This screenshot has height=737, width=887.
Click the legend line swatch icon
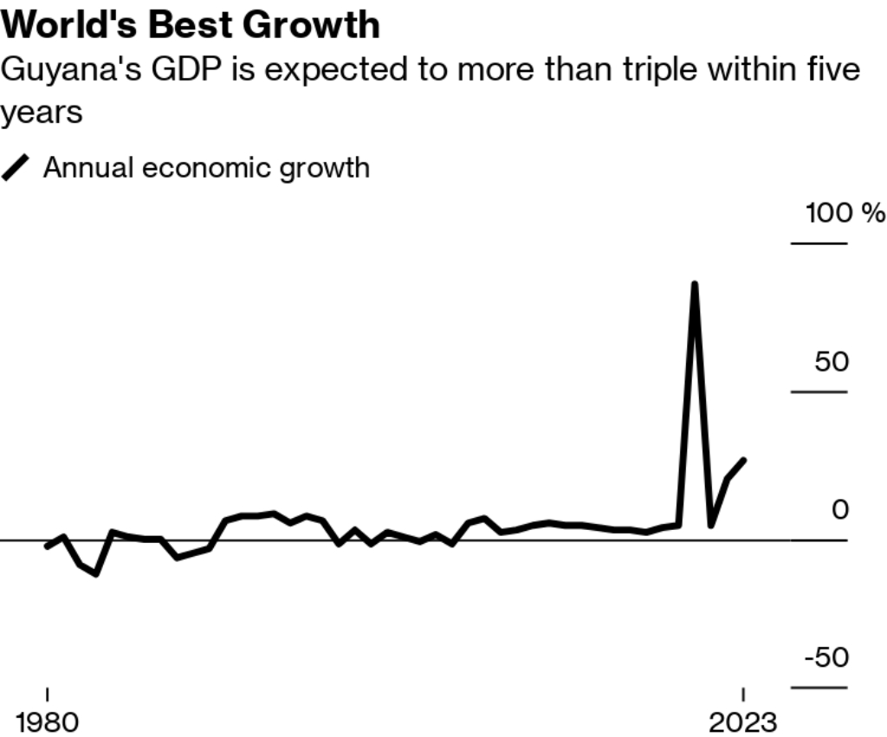click(x=16, y=166)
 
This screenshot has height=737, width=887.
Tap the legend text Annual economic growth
click(x=206, y=166)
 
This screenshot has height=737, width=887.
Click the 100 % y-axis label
click(x=845, y=212)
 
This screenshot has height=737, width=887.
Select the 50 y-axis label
click(x=832, y=361)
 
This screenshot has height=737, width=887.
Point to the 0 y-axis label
click(x=839, y=509)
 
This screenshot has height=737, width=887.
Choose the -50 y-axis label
click(x=826, y=658)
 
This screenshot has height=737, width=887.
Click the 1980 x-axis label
click(x=47, y=721)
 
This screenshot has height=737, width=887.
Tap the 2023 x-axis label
click(x=742, y=721)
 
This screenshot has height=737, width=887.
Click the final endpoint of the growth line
click(x=744, y=461)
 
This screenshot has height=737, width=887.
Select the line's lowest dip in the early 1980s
click(x=96, y=573)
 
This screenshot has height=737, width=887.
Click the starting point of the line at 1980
click(x=47, y=546)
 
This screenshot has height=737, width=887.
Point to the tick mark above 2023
click(x=743, y=695)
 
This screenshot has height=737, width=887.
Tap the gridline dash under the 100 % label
click(x=819, y=243)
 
